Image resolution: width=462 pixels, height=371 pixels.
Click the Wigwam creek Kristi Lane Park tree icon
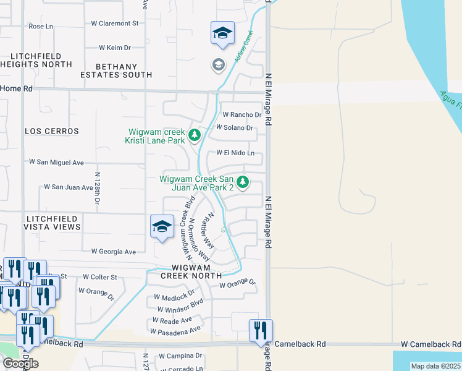pos(195,134)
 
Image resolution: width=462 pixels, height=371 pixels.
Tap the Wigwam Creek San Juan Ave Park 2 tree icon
pos(243,182)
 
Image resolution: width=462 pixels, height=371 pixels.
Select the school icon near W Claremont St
pos(222,33)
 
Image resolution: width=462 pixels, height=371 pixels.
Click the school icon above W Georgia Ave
pos(162,227)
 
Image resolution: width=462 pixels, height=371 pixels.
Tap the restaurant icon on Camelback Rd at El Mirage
pos(261,331)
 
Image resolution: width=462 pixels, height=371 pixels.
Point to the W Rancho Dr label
pos(242,114)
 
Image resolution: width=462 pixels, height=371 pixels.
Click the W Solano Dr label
pos(235,127)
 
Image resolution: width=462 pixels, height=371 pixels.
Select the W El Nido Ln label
pos(235,153)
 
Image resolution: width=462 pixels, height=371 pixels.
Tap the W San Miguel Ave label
pos(56,162)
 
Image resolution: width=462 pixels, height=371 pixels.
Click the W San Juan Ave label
pos(68,187)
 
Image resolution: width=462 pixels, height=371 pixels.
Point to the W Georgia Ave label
pos(113,252)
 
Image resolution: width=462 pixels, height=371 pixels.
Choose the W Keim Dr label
pos(115,47)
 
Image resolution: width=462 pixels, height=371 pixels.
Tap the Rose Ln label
pos(41,27)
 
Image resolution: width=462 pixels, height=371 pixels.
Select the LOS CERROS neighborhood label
pos(52,131)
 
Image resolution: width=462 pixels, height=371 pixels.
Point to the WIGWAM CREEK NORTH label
pos(191,271)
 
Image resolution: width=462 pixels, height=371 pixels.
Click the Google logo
pos(20,364)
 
